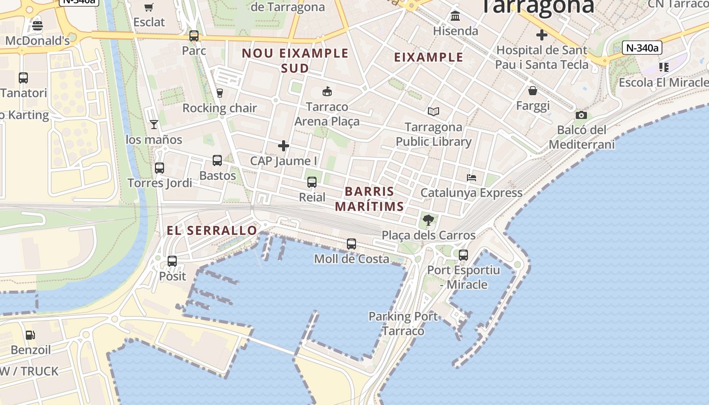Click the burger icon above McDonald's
coord(37,25)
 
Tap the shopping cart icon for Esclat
coord(149,7)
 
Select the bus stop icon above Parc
coord(194,36)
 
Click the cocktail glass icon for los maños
coord(154,124)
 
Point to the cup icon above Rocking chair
coord(220,93)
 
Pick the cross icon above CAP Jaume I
coord(284,146)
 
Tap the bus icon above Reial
coord(312,182)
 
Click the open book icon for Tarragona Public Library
coord(434,111)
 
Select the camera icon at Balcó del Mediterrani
coord(581,115)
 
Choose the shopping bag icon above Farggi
coord(533,91)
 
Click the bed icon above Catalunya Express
coord(471,178)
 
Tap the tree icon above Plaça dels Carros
coord(428,220)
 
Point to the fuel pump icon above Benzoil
coord(30,335)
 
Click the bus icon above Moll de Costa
coord(351,244)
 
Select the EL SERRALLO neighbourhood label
coord(212,231)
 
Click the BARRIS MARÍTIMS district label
coord(369,199)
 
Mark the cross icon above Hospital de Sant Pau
coord(542,35)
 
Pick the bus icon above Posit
coord(172,261)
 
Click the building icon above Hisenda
coord(455,16)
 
